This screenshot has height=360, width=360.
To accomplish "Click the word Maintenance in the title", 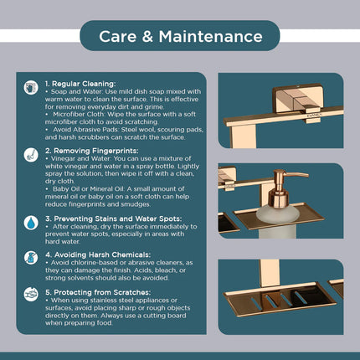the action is (x=210, y=37).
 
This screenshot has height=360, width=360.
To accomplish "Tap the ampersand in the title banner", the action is (x=147, y=37).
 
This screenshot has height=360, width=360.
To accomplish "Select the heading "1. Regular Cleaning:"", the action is (x=80, y=84).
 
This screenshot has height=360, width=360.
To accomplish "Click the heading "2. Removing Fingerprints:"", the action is (x=92, y=151).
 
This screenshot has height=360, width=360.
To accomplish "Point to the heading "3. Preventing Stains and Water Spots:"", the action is (x=114, y=219).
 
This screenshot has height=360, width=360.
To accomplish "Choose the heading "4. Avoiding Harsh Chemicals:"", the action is (x=98, y=255).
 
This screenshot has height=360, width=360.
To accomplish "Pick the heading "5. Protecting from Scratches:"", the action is (x=98, y=292).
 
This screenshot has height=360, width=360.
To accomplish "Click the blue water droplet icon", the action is (x=31, y=223).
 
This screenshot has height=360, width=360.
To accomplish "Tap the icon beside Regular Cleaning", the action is (x=31, y=88).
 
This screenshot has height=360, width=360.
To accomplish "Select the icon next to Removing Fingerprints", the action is (x=31, y=155).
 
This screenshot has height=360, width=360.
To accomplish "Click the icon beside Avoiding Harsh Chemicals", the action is (x=31, y=258).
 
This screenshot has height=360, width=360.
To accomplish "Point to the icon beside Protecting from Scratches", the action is (x=31, y=294).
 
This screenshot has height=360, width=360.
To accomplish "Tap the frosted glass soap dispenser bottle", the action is (x=278, y=220).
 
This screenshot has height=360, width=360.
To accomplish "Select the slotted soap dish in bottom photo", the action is (x=280, y=300).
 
